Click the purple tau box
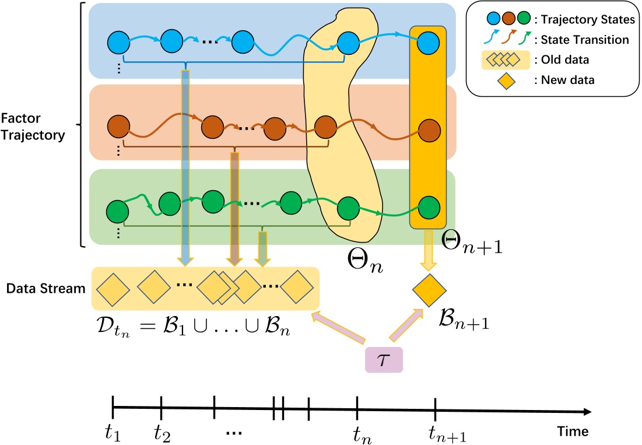tap(383, 359)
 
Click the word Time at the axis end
tap(571, 431)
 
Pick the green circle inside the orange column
tap(428, 208)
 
